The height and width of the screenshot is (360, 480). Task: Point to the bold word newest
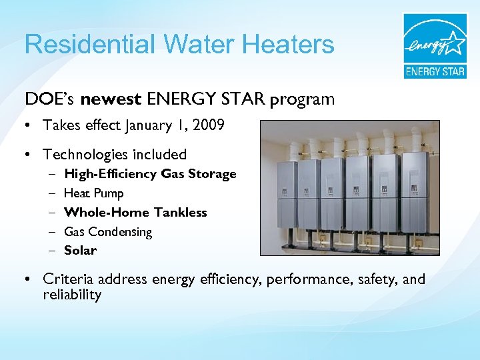click(x=111, y=99)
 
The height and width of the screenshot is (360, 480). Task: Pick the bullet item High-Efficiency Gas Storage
click(x=150, y=174)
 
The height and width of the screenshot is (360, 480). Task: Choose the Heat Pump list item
click(x=93, y=193)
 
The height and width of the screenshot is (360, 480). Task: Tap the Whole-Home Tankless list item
click(x=135, y=213)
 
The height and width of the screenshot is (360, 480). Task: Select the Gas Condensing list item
click(x=108, y=232)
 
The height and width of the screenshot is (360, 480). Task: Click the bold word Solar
click(x=80, y=251)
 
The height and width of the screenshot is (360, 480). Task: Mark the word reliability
click(x=71, y=295)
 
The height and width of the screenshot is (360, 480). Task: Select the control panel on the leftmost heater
click(x=283, y=191)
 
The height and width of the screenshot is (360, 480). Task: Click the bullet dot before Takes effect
click(x=29, y=126)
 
